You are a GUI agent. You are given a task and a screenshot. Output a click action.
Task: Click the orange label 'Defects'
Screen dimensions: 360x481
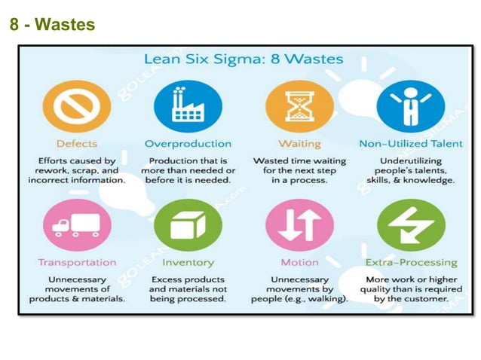76,143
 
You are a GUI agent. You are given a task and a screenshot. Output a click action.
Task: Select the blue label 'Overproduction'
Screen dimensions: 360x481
188,143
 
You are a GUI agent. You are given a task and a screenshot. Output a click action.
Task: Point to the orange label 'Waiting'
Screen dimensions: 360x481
299,143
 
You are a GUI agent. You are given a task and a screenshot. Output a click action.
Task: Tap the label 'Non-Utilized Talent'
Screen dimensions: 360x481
411,143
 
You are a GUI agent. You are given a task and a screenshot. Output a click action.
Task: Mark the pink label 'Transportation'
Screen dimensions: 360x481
77,263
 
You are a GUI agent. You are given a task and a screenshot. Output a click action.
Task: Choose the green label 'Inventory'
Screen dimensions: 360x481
188,263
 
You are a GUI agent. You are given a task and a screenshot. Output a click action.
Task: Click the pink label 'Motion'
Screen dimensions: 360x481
299,263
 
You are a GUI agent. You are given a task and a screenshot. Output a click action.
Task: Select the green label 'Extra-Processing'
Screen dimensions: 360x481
411,263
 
